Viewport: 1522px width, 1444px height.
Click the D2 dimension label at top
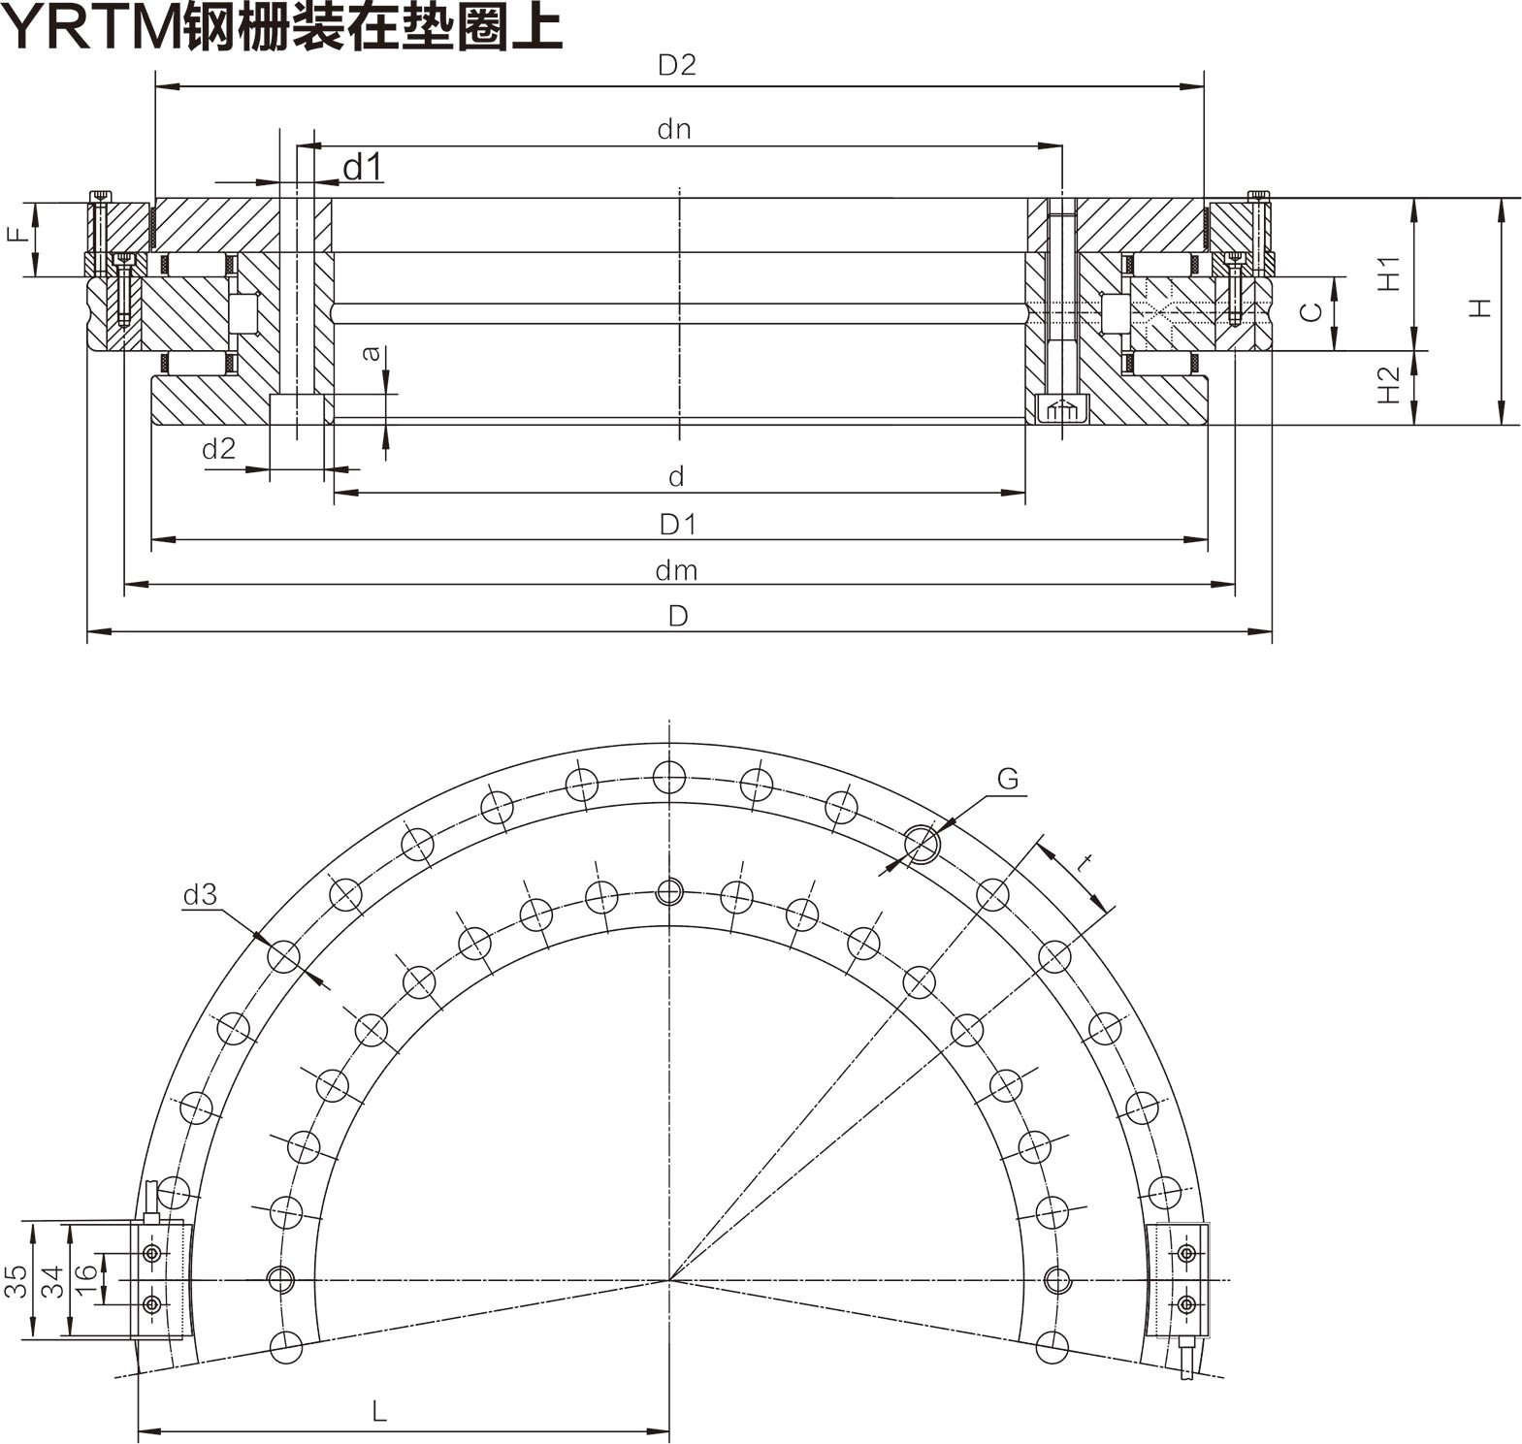click(x=676, y=65)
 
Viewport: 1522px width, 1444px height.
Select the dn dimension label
click(x=673, y=130)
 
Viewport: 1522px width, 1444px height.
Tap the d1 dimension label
click(x=363, y=167)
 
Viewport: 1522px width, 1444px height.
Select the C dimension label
click(x=1311, y=311)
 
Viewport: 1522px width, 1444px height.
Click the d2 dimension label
click(x=218, y=448)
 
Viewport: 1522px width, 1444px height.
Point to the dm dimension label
click(x=675, y=570)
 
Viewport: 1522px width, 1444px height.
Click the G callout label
click(x=1007, y=779)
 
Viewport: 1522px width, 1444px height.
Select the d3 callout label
click(x=200, y=895)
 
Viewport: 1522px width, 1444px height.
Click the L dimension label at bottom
click(x=379, y=1411)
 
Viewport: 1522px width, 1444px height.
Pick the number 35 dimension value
click(x=15, y=1281)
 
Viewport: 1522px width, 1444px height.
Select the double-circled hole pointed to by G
click(x=922, y=845)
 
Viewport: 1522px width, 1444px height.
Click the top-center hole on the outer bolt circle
click(x=669, y=777)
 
